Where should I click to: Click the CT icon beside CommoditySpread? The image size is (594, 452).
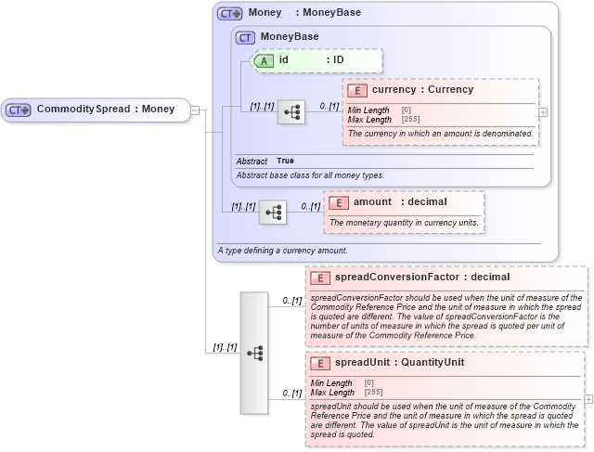point(19,110)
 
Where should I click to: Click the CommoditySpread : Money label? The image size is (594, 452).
point(106,110)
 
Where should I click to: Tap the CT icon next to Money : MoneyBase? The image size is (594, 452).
point(229,14)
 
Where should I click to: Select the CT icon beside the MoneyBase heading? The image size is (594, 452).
point(245,37)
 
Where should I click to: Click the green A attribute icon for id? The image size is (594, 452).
point(264,60)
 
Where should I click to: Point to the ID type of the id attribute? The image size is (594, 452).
point(339,60)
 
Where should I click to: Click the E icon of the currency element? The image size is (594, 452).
point(357,91)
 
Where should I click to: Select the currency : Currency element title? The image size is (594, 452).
point(422,90)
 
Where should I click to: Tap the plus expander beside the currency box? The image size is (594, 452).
point(543,111)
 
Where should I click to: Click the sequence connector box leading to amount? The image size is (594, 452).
point(273,213)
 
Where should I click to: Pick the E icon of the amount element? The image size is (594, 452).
point(339,202)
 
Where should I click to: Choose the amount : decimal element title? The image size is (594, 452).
point(400,201)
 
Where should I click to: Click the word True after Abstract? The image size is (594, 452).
point(285,161)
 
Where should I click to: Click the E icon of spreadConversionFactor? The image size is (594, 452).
point(320,278)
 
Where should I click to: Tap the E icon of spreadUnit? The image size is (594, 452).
point(320,363)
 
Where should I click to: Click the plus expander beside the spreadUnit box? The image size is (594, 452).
point(588,399)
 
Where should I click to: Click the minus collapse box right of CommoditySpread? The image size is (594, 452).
point(195,110)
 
